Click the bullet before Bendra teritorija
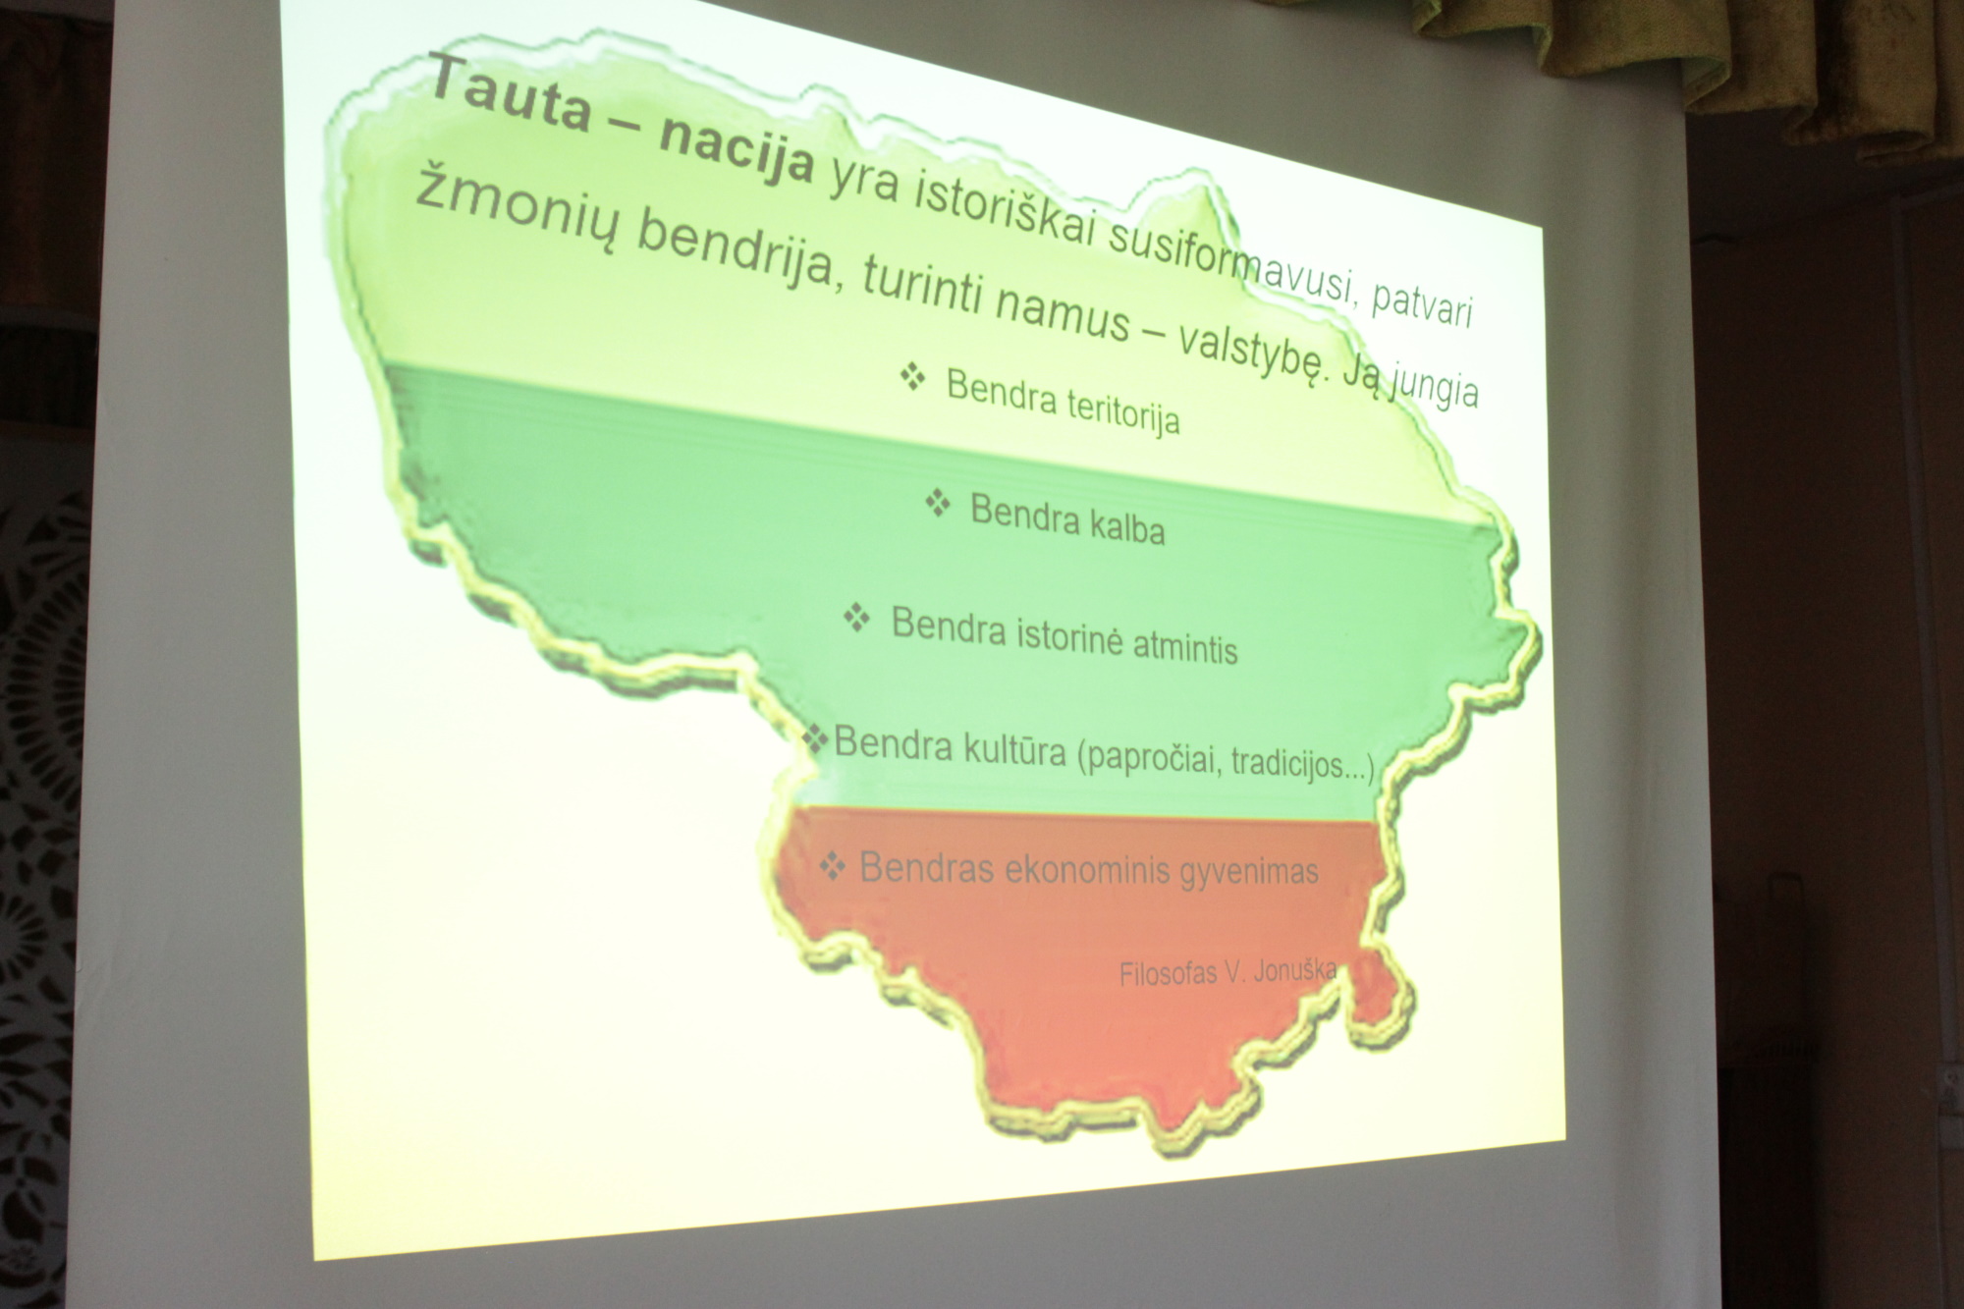(x=913, y=377)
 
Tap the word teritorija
(x=1122, y=411)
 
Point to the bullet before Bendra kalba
(x=938, y=504)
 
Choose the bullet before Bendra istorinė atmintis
(x=857, y=619)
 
